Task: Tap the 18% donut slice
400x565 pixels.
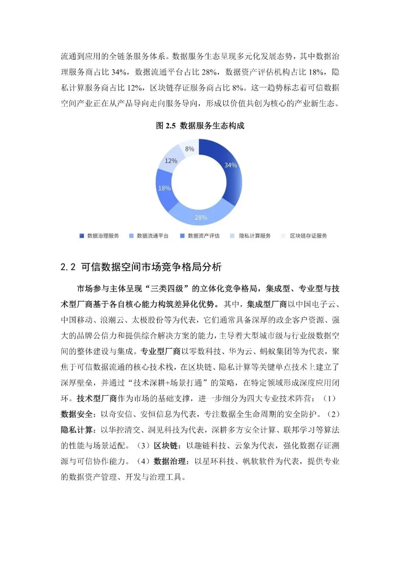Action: (164, 188)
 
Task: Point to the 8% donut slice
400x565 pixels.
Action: (189, 149)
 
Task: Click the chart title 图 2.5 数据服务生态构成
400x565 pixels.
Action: (200, 126)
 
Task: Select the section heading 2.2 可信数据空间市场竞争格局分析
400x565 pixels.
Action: (141, 267)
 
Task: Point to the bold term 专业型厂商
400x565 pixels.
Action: (160, 351)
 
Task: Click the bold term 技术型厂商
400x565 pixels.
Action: (97, 398)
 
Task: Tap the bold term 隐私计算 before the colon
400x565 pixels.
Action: (77, 430)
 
